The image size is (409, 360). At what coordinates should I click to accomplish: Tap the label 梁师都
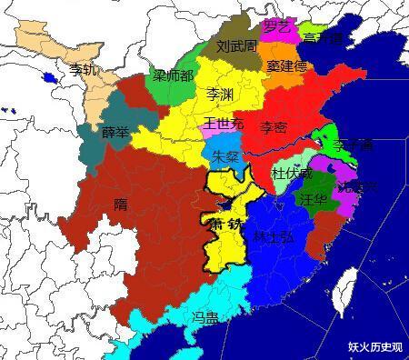(x=172, y=75)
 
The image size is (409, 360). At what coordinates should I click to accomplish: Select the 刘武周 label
(x=236, y=45)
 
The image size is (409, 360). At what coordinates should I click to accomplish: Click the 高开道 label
(x=322, y=38)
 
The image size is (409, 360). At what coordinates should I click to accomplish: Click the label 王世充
(x=223, y=124)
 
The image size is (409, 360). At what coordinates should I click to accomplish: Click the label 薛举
(x=115, y=132)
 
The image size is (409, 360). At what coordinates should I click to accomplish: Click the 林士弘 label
(x=273, y=236)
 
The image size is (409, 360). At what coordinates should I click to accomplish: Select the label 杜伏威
(x=292, y=173)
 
